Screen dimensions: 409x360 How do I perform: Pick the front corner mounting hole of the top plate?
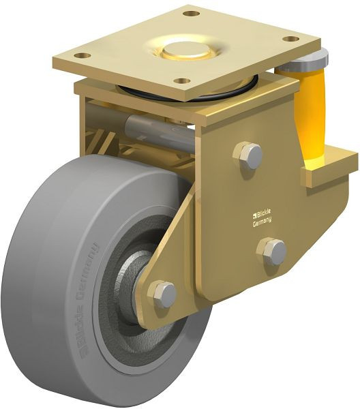(x=181, y=80)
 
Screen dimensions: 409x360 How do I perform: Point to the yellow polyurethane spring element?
(x=311, y=116)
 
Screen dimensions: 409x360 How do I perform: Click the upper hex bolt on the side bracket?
(x=248, y=155)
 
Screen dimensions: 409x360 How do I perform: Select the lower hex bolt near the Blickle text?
(x=274, y=252)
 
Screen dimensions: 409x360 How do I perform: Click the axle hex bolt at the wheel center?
(x=164, y=294)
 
